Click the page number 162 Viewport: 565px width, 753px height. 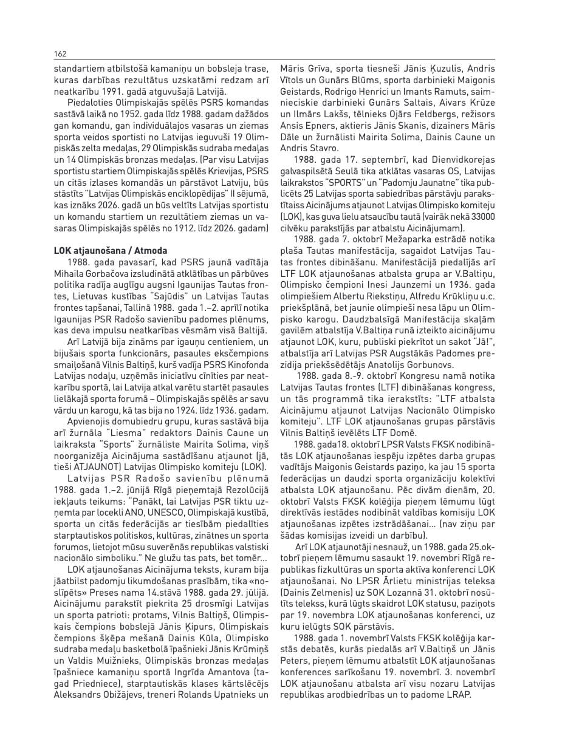60,53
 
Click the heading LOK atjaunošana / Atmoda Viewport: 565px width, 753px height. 111,250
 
